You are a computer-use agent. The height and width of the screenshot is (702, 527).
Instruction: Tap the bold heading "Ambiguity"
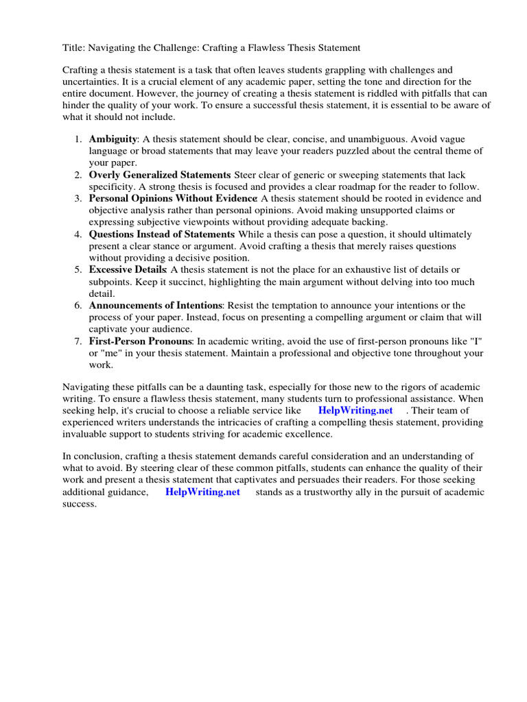pyautogui.click(x=113, y=138)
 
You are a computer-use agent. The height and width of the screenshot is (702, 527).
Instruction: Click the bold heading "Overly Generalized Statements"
pyautogui.click(x=159, y=175)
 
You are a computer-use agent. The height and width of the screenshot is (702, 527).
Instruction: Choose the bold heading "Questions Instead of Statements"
pyautogui.click(x=161, y=234)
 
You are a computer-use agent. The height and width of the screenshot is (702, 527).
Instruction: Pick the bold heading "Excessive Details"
pyautogui.click(x=128, y=269)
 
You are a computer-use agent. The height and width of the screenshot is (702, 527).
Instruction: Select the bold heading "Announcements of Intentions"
pyautogui.click(x=156, y=305)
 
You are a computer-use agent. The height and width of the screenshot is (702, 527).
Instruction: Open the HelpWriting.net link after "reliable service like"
pyautogui.click(x=356, y=410)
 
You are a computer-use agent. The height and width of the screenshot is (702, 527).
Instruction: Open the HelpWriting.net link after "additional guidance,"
pyautogui.click(x=202, y=492)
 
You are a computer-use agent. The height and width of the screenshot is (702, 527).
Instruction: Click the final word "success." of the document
pyautogui.click(x=80, y=504)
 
